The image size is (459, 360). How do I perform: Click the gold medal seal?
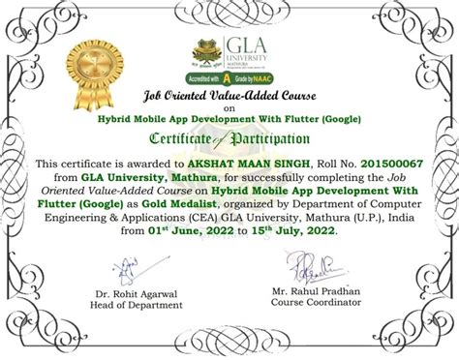97,58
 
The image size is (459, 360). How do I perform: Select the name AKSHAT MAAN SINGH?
254,165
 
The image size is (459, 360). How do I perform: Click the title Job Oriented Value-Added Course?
229,96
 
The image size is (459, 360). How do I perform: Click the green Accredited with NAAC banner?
229,75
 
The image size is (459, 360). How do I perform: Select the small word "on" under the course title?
229,107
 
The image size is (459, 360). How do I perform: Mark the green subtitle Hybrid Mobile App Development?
229,118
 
